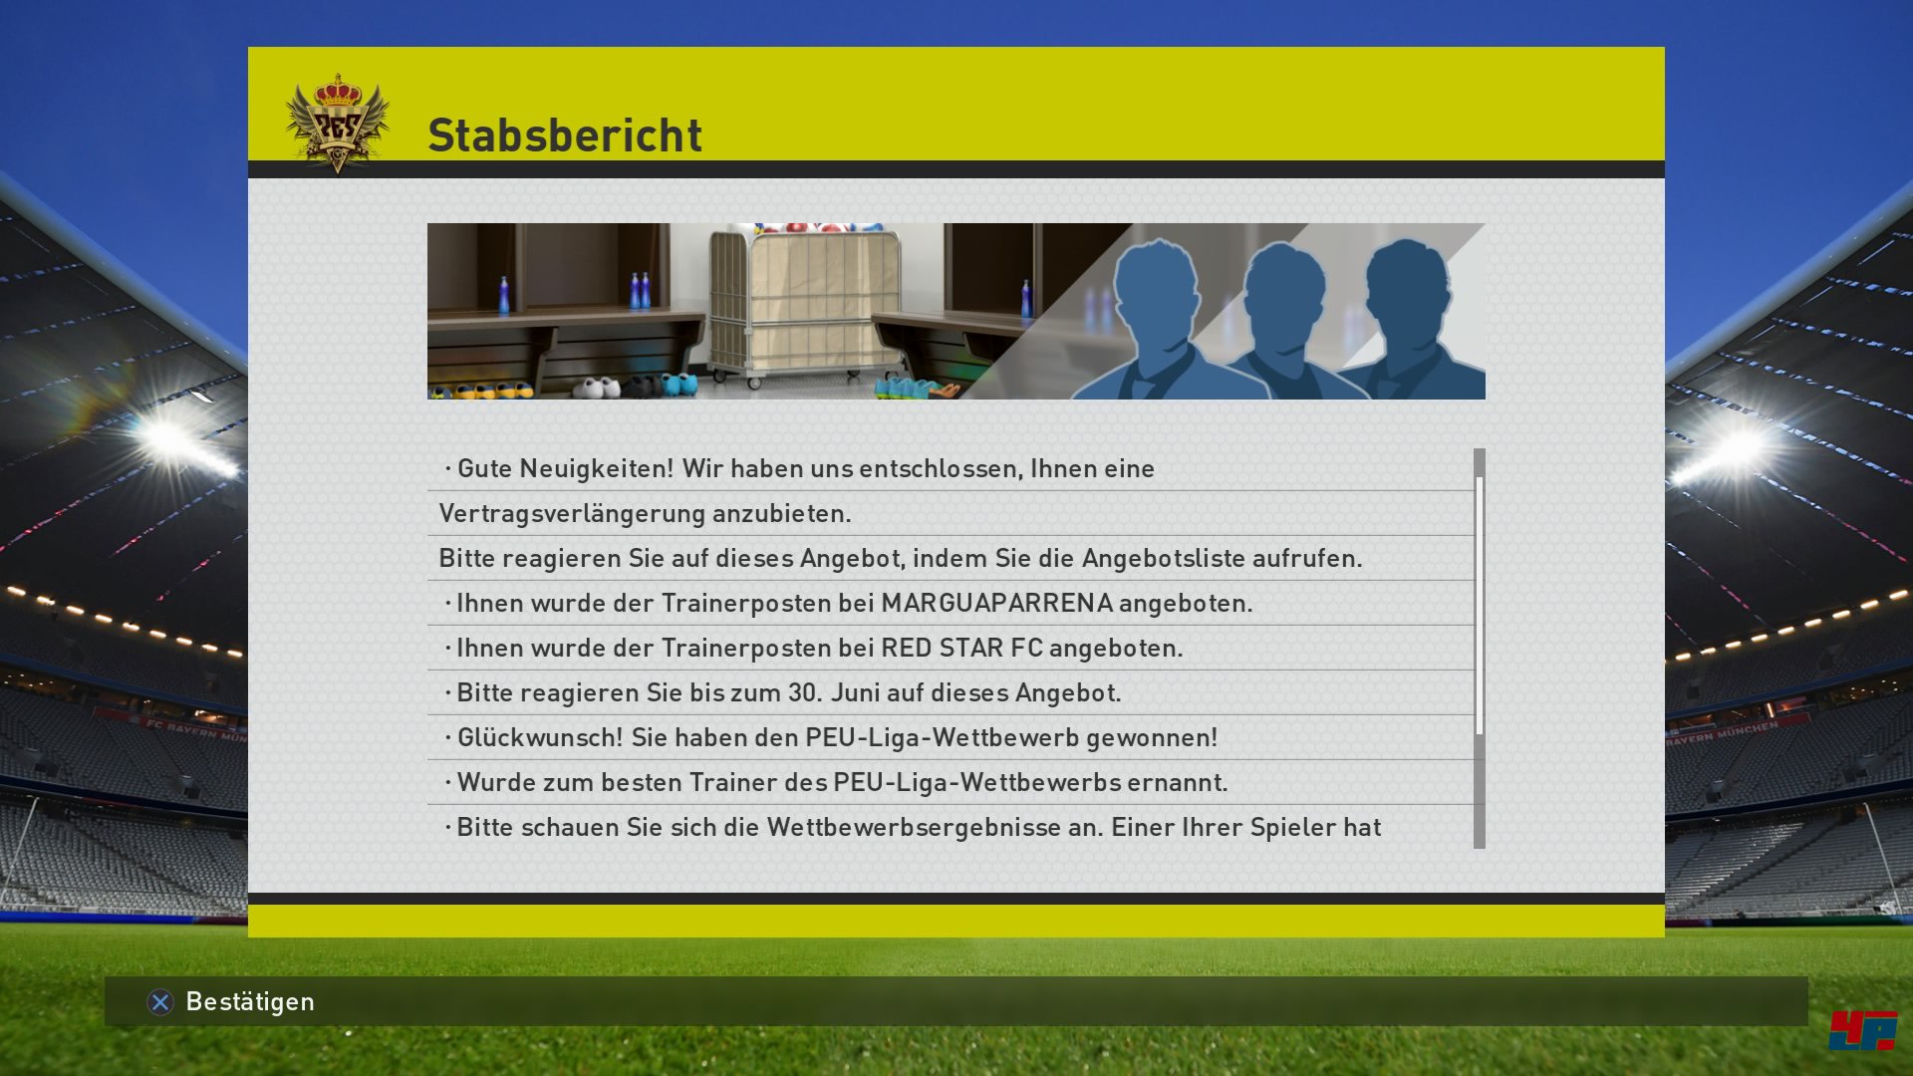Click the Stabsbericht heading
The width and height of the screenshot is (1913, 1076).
click(565, 135)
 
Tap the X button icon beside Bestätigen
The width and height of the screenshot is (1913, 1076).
click(160, 1002)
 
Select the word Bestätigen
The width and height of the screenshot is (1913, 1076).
click(250, 1001)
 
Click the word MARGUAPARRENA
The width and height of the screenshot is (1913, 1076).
click(996, 603)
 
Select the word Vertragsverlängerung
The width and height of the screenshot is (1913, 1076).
click(572, 514)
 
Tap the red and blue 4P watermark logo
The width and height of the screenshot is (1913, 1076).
click(1862, 1030)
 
